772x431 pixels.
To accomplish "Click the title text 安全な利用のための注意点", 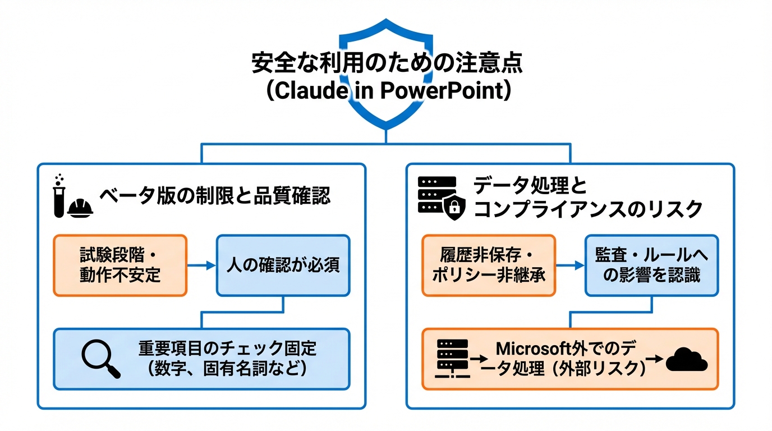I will click(387, 63).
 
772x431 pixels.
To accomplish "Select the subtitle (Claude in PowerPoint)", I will click(387, 90).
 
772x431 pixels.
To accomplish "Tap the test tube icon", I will click(58, 196).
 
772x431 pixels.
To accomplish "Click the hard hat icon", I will click(80, 207).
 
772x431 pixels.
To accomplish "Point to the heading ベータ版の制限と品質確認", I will click(215, 196).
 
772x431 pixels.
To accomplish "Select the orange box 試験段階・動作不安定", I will click(120, 265).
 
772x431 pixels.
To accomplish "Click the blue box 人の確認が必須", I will click(283, 265).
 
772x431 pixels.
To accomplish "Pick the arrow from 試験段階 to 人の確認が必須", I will click(201, 265).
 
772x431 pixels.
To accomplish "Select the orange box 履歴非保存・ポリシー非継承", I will click(489, 265).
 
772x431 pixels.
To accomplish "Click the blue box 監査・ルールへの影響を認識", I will click(651, 265).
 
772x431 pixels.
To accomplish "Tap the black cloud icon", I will click(686, 359).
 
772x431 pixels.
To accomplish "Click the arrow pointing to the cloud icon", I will click(654, 359).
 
